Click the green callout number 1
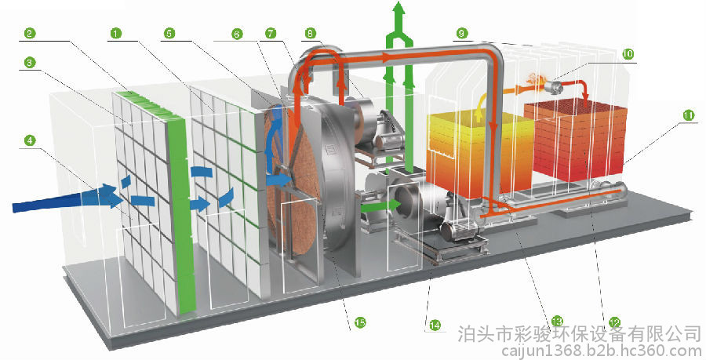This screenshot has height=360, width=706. point(116,33)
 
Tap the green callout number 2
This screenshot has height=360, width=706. point(30,33)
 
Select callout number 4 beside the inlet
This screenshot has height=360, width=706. point(30,140)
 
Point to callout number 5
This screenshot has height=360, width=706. point(169,33)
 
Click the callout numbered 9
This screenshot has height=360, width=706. point(461,33)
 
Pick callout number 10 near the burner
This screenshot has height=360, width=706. point(628,54)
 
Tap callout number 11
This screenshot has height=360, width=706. point(688,115)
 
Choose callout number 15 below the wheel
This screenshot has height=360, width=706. point(360,322)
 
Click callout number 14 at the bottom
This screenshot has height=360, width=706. point(435,325)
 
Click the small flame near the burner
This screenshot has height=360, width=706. point(533,79)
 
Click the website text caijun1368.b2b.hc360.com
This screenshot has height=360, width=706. point(602,351)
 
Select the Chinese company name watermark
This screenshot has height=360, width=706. point(580,334)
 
